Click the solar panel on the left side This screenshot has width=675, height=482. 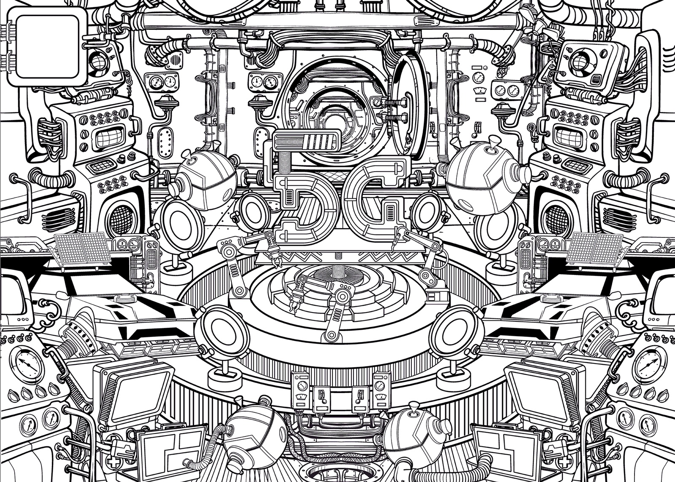(x=80, y=248)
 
